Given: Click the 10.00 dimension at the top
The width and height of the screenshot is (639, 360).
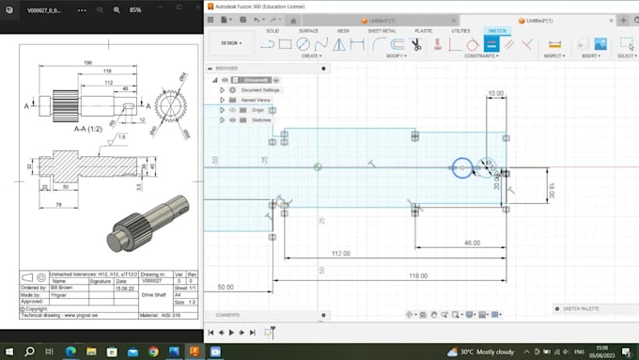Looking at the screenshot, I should click(x=495, y=93).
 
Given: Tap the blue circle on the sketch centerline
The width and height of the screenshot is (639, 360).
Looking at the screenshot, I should click(x=461, y=168).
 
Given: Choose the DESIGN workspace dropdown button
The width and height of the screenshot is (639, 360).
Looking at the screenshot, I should click(x=230, y=42).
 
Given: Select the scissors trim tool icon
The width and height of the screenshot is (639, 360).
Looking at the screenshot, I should click(x=414, y=44).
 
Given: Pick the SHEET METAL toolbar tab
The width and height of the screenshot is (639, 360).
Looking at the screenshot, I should click(x=381, y=31).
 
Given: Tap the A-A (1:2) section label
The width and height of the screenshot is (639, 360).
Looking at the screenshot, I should click(x=89, y=131).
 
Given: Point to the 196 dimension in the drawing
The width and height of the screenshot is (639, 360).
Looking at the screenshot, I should click(x=87, y=63).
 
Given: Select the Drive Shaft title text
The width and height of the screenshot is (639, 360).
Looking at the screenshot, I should click(x=153, y=294).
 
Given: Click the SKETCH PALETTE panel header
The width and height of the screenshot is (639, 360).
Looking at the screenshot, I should click(x=579, y=308).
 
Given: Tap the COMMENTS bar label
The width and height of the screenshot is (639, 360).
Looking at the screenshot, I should click(x=228, y=315).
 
